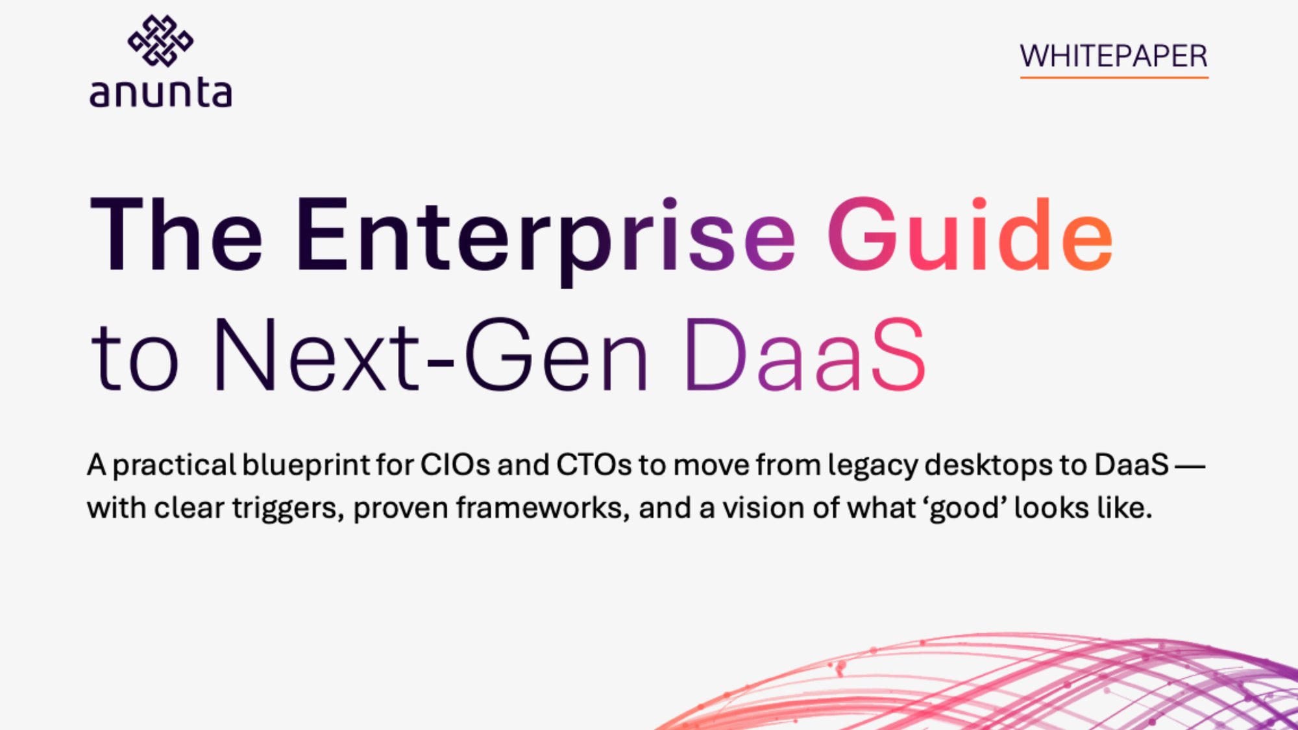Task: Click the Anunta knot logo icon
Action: (x=160, y=41)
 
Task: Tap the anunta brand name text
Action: (x=160, y=93)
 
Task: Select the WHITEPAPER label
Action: (x=1114, y=56)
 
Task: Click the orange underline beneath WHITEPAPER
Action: (x=1114, y=77)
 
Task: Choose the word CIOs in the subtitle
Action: (x=455, y=465)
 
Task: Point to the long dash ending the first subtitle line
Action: (x=1190, y=465)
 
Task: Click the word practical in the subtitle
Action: (x=174, y=466)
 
